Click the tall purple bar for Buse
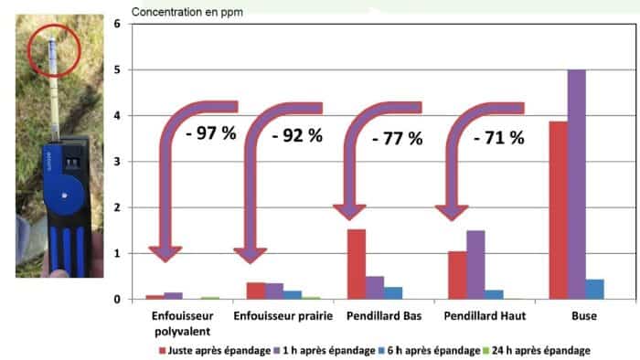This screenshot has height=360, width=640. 576,184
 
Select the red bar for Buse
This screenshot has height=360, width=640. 558,210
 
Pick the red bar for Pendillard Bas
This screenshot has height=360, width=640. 357,264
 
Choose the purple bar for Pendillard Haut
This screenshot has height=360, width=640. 475,264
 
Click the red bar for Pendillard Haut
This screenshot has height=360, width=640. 457,275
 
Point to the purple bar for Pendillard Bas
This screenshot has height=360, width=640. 375,287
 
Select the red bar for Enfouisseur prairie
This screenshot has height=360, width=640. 256,291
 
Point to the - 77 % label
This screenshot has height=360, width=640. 398,139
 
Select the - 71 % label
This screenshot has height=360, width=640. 498,139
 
